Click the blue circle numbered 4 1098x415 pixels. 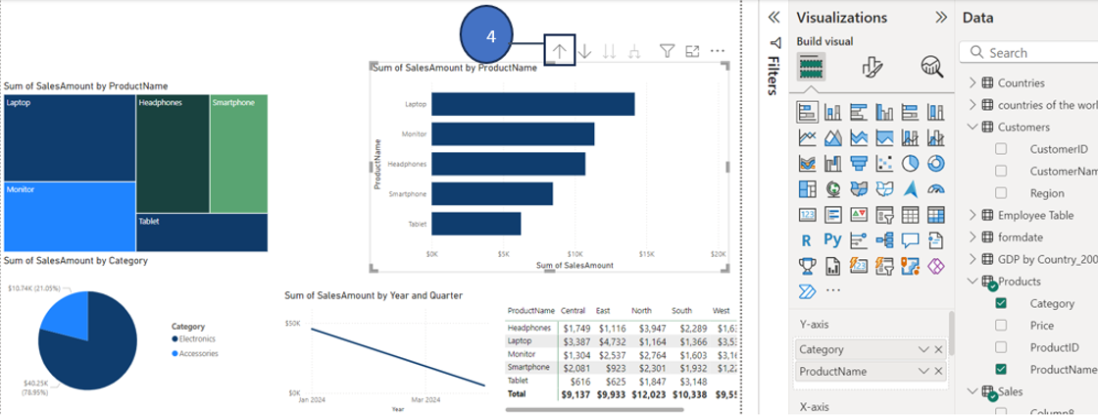pyautogui.click(x=492, y=34)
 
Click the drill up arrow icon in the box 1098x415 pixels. pyautogui.click(x=560, y=51)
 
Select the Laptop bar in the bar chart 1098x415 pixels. pyautogui.click(x=532, y=104)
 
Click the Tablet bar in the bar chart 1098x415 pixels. pyautogui.click(x=475, y=224)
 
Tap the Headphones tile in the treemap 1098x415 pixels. pyautogui.click(x=173, y=153)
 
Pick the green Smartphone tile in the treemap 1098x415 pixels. pyautogui.click(x=238, y=153)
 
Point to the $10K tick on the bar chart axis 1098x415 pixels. pyautogui.click(x=575, y=253)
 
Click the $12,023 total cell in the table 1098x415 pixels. pyautogui.click(x=642, y=393)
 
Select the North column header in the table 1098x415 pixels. pyautogui.click(x=642, y=309)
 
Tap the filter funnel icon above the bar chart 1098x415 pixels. pyautogui.click(x=666, y=51)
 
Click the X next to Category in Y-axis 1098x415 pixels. pyautogui.click(x=938, y=349)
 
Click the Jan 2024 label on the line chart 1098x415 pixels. pyautogui.click(x=313, y=400)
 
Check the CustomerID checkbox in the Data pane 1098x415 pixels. pyautogui.click(x=1001, y=149)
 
